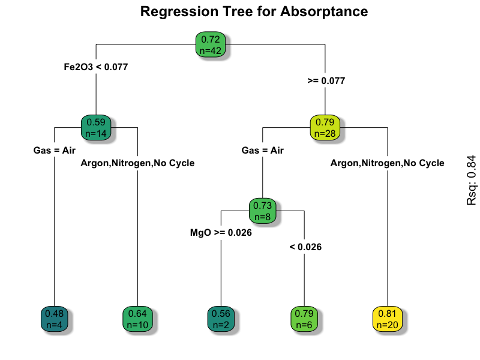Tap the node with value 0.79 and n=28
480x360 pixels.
[x=325, y=127]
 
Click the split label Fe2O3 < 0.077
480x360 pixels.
[x=96, y=67]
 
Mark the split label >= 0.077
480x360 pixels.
[x=326, y=80]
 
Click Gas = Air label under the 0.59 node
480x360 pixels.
[x=54, y=151]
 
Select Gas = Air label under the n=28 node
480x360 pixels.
[x=262, y=151]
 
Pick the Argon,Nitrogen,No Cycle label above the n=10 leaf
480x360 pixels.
[x=138, y=163]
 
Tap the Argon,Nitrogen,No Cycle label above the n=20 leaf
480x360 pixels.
[x=388, y=163]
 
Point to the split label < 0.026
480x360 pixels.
[x=305, y=247]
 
